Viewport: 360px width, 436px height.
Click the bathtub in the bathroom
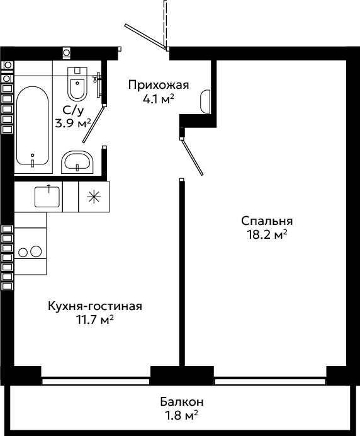click(33, 125)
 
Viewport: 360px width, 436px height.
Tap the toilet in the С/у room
click(77, 84)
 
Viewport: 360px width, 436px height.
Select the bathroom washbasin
click(77, 162)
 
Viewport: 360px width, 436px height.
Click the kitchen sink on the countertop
click(47, 197)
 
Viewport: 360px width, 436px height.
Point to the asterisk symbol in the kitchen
click(94, 197)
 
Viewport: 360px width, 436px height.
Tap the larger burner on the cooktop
click(36, 251)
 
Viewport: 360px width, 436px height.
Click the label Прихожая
click(159, 85)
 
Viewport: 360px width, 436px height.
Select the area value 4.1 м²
click(159, 99)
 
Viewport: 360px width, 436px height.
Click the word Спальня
click(267, 221)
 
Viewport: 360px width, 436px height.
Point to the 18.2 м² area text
click(267, 235)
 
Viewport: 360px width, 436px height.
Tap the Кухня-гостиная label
click(95, 306)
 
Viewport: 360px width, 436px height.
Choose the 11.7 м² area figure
click(95, 320)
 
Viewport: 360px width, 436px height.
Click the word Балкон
click(182, 402)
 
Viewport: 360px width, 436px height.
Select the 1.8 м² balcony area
click(182, 416)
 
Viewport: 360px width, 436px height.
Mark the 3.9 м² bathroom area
click(73, 123)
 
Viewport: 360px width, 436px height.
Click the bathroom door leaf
click(94, 124)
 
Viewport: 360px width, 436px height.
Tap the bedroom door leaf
click(192, 157)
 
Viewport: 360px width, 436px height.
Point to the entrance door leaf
click(145, 37)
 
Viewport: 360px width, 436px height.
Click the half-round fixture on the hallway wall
click(205, 101)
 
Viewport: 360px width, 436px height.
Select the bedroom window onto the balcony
click(270, 381)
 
